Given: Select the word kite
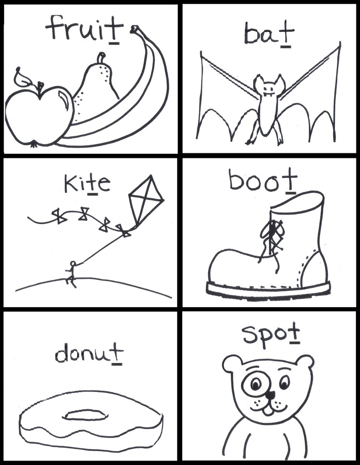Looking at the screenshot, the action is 87,185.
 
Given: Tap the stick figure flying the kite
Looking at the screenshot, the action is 71,274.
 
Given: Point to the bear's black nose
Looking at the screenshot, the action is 269,395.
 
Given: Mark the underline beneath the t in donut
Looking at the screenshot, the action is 117,363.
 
